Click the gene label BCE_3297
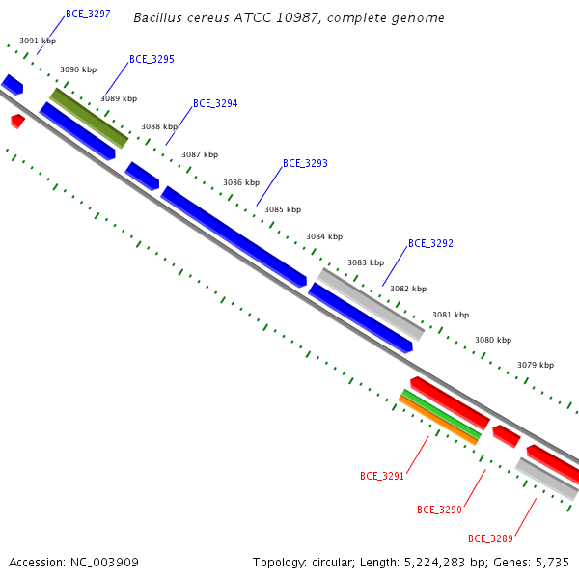point(88,14)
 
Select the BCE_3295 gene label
point(152,59)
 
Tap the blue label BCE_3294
point(215,103)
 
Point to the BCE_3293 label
point(305,163)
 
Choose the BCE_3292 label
point(430,243)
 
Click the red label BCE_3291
point(382,476)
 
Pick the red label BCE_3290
point(439,510)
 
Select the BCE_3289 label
point(490,538)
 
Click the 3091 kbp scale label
point(38,41)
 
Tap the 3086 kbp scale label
point(241,182)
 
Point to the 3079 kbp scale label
point(536,365)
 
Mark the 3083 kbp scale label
point(366,262)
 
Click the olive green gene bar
point(89,118)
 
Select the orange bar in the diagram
point(438,420)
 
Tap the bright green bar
point(442,414)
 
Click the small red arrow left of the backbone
point(17,122)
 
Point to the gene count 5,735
point(552,563)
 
